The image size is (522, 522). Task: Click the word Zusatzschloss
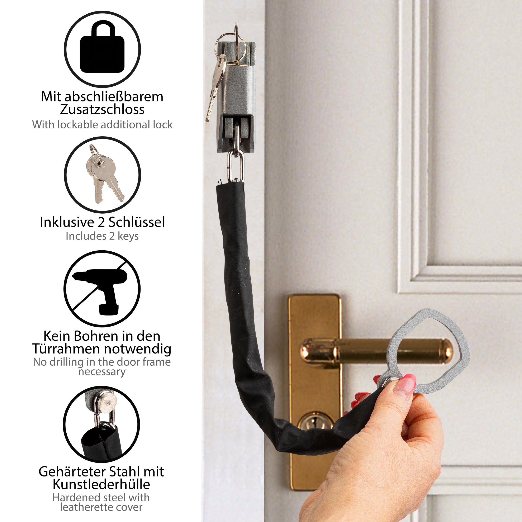click(102, 109)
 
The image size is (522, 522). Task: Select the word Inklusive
click(67, 222)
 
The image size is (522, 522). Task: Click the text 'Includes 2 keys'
click(102, 236)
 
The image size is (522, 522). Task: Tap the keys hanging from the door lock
click(216, 86)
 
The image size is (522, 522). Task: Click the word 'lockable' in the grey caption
click(76, 125)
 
